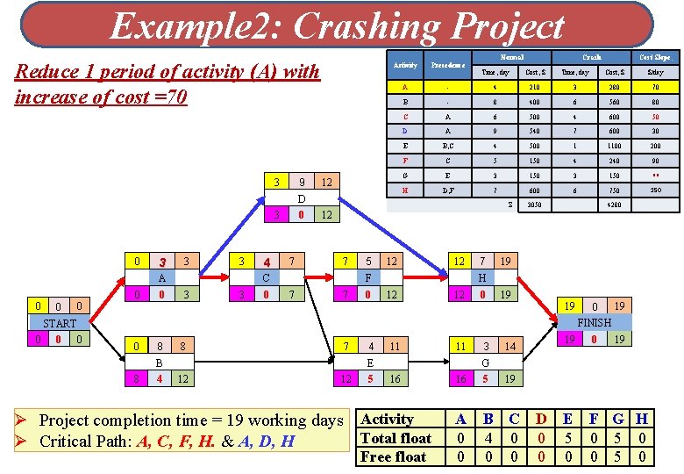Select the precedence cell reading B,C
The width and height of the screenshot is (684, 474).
tap(448, 147)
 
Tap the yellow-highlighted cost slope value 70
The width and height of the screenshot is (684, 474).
tap(655, 87)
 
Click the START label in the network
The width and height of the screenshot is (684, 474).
tap(60, 323)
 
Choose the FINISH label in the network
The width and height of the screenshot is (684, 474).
tap(594, 322)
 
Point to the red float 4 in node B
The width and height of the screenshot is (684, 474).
tap(160, 378)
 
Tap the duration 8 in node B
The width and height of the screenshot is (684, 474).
tap(160, 347)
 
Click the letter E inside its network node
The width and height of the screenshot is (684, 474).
tap(370, 362)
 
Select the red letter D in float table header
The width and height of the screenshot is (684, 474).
tap(541, 420)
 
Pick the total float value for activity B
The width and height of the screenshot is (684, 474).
tap(488, 438)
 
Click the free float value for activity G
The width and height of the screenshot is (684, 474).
tap(618, 456)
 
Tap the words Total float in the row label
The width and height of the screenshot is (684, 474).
tap(396, 438)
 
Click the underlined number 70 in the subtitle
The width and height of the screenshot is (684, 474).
tap(174, 96)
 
